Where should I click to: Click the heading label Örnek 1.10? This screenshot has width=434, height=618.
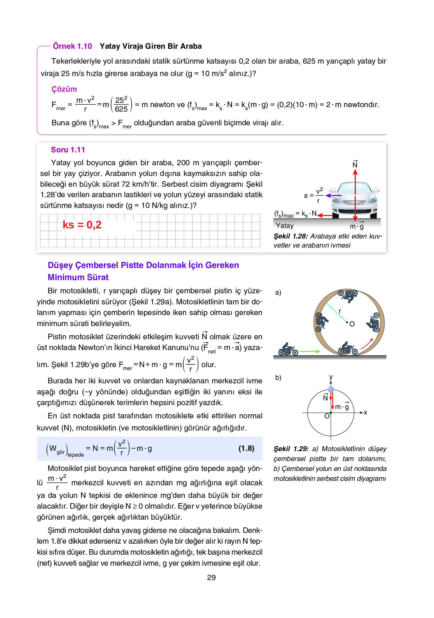click(72, 46)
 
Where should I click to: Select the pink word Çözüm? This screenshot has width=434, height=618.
click(64, 89)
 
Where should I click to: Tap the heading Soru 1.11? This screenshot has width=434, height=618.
click(68, 150)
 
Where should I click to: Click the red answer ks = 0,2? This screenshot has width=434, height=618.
click(82, 225)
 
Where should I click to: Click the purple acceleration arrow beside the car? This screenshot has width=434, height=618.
click(333, 196)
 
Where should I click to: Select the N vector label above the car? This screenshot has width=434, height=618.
click(355, 164)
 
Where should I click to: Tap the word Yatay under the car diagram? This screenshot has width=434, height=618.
click(285, 226)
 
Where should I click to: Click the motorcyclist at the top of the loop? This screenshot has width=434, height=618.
click(348, 296)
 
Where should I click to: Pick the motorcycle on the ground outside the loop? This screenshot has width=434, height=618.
click(288, 349)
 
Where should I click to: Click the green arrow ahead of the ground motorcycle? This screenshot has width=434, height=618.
click(310, 351)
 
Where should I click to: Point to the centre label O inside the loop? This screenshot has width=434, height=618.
click(352, 324)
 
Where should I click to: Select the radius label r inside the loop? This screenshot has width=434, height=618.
click(340, 311)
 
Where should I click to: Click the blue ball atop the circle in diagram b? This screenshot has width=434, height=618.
click(331, 389)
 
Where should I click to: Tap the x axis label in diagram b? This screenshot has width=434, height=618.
click(365, 412)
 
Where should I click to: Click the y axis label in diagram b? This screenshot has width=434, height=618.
click(331, 377)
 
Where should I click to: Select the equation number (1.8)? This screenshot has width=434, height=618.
click(246, 448)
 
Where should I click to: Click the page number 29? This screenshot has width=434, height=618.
click(211, 578)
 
